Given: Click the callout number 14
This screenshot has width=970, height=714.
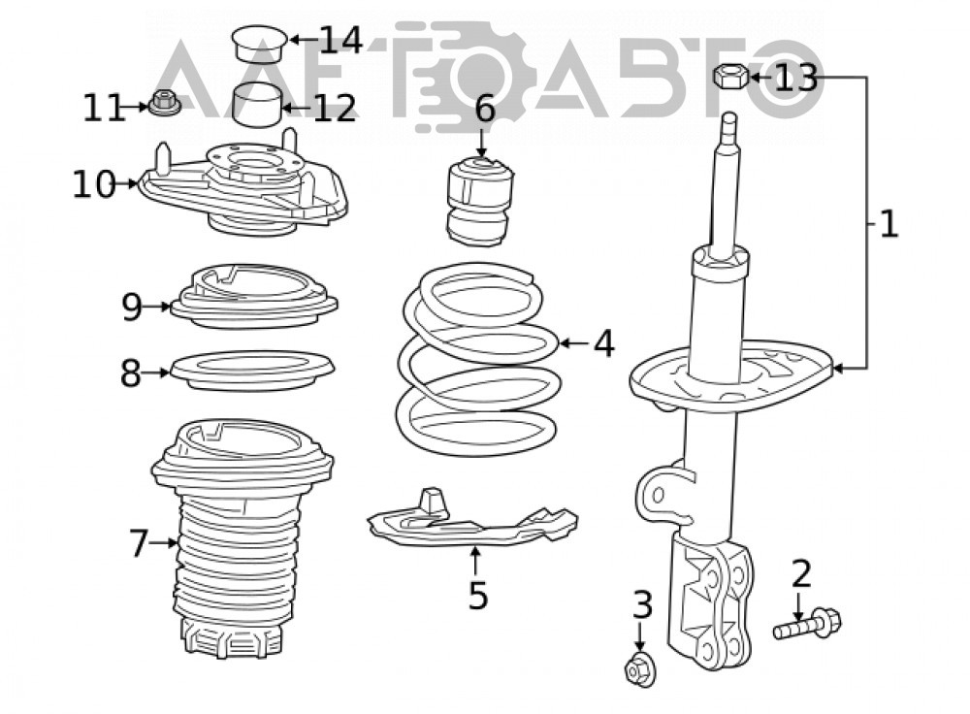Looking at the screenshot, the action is point(339,40).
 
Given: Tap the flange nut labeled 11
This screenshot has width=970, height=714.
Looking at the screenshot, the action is point(164,103).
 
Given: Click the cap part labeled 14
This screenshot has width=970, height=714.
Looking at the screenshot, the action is point(260,44).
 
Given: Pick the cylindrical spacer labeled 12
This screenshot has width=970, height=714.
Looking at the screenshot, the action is point(257,104).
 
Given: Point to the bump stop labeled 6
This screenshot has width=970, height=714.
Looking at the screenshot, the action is point(480,202).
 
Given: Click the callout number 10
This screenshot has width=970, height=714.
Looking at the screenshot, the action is point(94,184).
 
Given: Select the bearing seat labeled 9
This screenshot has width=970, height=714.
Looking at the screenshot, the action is point(253,296).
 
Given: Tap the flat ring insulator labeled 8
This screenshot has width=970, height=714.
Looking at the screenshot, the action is point(252,371).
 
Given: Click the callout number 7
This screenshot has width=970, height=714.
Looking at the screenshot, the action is point(139,543).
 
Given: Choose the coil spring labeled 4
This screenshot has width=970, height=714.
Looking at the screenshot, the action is point(479,359).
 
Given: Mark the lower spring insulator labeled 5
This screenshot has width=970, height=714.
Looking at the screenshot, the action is point(472,520).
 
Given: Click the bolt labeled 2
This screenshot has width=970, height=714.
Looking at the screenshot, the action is point(807,624).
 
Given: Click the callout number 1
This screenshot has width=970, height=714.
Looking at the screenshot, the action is point(889,224).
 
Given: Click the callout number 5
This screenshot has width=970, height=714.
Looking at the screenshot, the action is point(478,595).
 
